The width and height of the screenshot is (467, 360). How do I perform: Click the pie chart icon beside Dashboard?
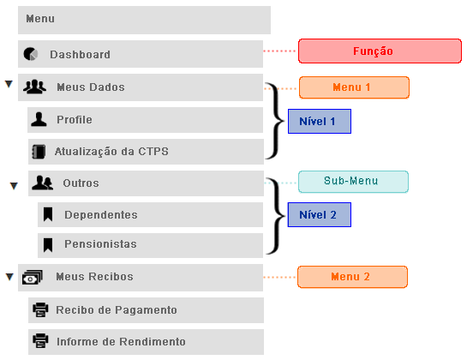click(x=31, y=54)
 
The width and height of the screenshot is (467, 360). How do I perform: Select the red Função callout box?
click(x=380, y=51)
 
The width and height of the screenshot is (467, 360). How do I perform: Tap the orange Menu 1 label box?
click(x=354, y=87)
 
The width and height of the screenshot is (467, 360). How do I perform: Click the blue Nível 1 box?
click(x=320, y=122)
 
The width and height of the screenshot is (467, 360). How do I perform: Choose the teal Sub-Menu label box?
click(x=353, y=182)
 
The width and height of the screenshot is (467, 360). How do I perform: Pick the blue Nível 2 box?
click(x=320, y=214)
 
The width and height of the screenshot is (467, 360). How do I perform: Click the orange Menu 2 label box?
click(x=352, y=277)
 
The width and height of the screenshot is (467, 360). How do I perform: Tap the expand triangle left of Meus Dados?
click(x=9, y=84)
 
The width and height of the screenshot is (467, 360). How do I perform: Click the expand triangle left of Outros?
click(x=14, y=186)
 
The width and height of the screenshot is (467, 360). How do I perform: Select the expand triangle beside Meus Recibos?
click(x=9, y=277)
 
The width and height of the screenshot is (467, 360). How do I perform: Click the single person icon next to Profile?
click(x=39, y=119)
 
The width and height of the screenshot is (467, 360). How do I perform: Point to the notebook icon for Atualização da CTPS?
click(x=39, y=152)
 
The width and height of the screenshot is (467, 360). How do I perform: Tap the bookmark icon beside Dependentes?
click(x=48, y=214)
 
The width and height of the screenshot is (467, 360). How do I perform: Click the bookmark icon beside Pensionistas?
click(x=48, y=245)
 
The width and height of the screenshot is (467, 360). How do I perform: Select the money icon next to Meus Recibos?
click(x=33, y=277)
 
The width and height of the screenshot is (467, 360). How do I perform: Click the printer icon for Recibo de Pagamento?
click(x=40, y=309)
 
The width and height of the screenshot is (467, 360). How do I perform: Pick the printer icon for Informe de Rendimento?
click(x=40, y=341)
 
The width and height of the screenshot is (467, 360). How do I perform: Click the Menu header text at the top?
click(x=40, y=19)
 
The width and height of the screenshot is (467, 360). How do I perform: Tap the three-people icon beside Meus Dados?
click(x=34, y=87)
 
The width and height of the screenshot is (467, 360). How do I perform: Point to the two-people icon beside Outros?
click(x=43, y=183)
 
